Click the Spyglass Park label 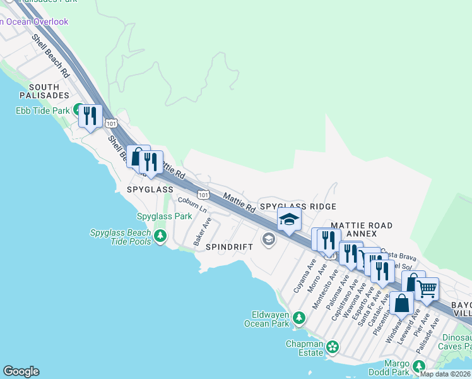(165, 216)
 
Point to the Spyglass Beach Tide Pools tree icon (160, 236)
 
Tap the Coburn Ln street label (192, 203)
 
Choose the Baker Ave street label (202, 232)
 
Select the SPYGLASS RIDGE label (298, 207)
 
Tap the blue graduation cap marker (289, 220)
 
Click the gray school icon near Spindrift (269, 239)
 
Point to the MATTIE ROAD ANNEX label (362, 229)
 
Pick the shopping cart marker (427, 290)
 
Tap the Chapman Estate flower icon (332, 347)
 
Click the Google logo (21, 371)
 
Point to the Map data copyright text (445, 374)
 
